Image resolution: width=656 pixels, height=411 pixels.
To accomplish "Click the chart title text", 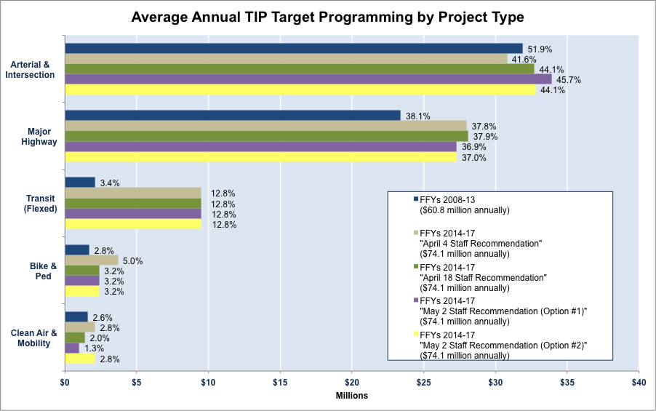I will [327, 16].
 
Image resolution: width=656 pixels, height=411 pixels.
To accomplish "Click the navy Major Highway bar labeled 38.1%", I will [232, 115].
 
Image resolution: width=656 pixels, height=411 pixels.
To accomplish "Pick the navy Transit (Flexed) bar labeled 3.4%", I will [80, 182].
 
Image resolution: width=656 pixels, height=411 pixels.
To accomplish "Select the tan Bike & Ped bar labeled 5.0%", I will [92, 260].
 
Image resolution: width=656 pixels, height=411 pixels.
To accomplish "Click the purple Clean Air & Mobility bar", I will [72, 348].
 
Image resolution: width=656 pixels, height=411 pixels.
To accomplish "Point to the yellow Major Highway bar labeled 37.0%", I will [260, 157].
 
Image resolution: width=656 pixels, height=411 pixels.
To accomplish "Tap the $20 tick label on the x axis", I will [352, 380].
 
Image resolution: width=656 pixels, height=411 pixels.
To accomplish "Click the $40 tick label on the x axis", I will [639, 380].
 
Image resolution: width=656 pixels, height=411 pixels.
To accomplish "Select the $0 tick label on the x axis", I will [65, 380].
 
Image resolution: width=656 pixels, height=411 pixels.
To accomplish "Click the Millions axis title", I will [351, 396].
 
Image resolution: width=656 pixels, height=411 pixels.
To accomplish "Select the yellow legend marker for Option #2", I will [415, 333].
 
